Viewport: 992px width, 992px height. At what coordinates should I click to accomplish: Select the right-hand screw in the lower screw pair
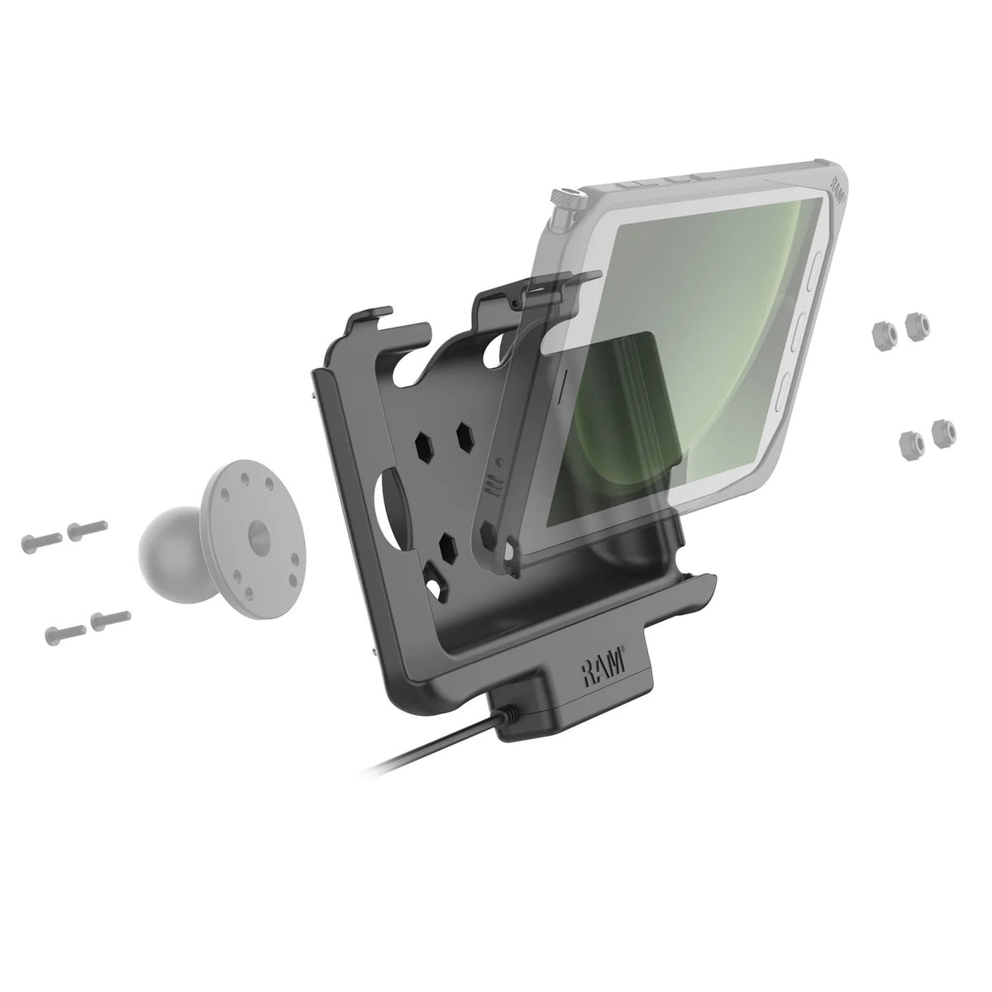tap(110, 618)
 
